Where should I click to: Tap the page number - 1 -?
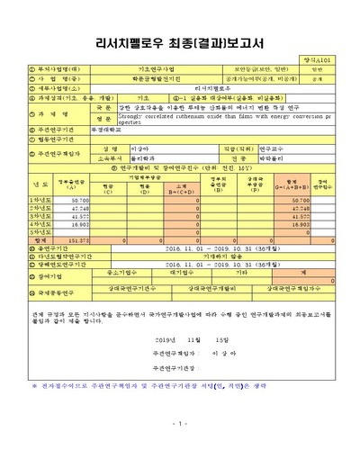(x=179, y=424)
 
